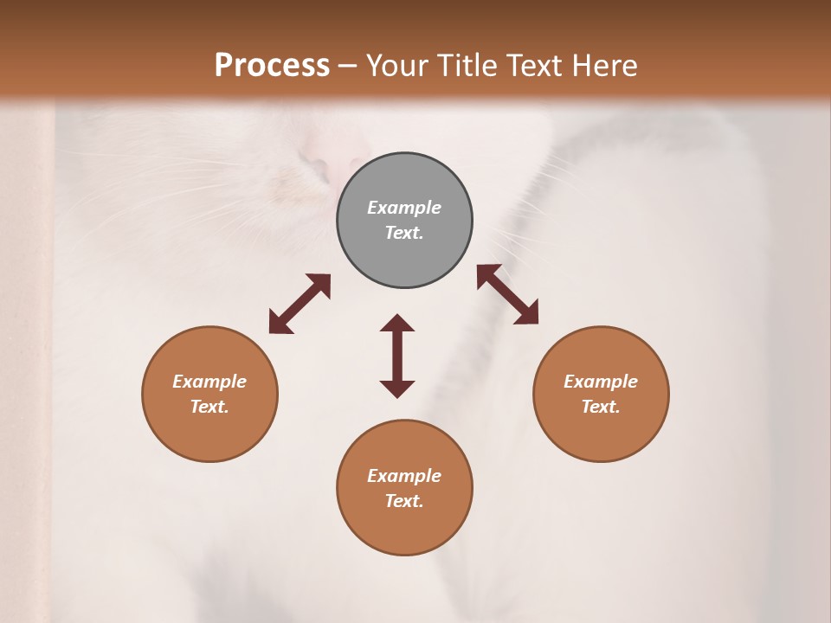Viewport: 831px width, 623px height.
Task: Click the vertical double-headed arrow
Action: coord(397,356)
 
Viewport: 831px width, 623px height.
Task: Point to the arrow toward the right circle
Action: coord(507,294)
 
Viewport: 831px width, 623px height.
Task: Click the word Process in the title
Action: coord(272,66)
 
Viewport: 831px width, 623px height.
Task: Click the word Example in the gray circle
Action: coord(404,208)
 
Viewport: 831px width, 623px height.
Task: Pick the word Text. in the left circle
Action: coord(209,407)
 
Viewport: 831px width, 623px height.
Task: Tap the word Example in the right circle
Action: coord(601,382)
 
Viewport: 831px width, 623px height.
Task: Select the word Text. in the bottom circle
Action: coord(404,501)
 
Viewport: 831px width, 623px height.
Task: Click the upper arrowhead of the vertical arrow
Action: coord(397,324)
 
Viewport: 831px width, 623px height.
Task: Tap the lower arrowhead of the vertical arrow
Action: coord(397,389)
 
